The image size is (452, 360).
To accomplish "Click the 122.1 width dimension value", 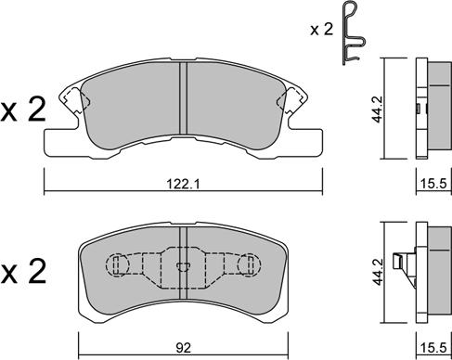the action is [184, 185].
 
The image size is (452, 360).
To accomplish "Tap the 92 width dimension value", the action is [184, 348].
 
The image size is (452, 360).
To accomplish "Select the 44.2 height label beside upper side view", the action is [378, 109].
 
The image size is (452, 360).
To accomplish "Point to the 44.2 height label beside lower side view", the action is [378, 273].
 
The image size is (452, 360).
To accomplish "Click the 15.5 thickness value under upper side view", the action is [433, 185].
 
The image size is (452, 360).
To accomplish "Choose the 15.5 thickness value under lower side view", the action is [433, 348].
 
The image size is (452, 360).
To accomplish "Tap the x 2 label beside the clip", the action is [322, 30].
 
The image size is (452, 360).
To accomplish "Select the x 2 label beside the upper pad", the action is [23, 109].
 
